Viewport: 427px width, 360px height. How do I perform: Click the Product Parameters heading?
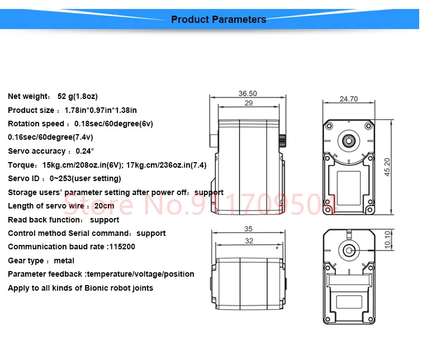[219, 20]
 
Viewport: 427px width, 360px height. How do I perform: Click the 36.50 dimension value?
[248, 93]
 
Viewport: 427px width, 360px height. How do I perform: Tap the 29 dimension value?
[249, 103]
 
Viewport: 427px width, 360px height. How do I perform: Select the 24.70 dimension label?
[349, 99]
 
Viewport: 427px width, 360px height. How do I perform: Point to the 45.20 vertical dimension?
[387, 167]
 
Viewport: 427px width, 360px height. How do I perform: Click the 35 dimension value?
[248, 229]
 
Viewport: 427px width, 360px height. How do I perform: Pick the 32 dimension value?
[249, 241]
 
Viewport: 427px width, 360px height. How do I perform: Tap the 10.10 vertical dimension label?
[387, 240]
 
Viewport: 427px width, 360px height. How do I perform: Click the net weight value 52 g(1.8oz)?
[78, 96]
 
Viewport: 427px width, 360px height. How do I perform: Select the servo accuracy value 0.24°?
[85, 151]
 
